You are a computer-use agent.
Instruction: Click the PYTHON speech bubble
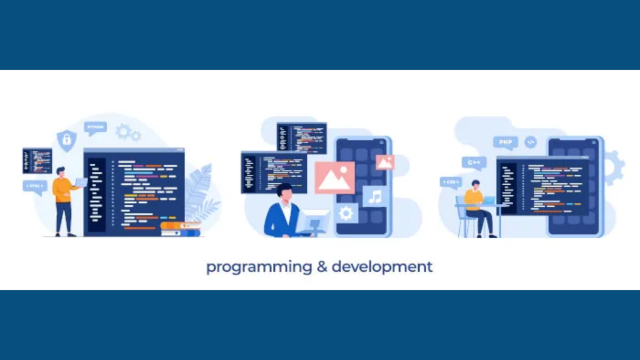pos(95,127)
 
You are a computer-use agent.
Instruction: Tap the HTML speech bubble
pos(35,186)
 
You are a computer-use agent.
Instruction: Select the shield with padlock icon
pos(67,140)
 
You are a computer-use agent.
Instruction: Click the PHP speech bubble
pos(505,142)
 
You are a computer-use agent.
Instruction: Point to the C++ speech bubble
pos(474,162)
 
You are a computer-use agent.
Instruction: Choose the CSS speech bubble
pos(451,182)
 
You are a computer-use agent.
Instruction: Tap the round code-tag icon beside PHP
pos(530,142)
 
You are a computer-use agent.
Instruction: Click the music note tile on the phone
pos(375,196)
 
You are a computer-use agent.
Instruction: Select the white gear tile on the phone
pos(346,213)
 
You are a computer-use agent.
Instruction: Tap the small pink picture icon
pos(385,162)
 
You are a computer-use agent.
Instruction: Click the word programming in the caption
pos(259,267)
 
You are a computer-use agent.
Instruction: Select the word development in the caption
pos(382,267)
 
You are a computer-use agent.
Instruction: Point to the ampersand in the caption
pos(322,267)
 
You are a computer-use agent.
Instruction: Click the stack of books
pos(180,229)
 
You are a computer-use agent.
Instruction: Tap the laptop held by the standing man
pos(81,182)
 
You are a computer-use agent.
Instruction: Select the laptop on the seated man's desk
pos(489,200)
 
